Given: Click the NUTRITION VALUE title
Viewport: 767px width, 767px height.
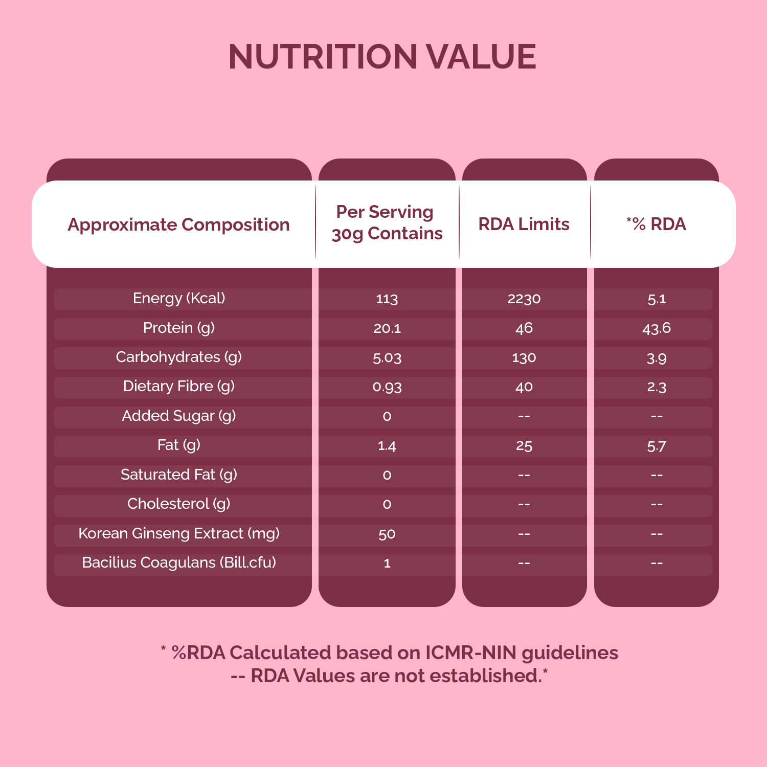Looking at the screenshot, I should [x=382, y=56].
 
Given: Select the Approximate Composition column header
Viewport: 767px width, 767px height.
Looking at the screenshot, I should [x=178, y=224].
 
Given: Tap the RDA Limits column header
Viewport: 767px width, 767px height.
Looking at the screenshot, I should [x=524, y=224].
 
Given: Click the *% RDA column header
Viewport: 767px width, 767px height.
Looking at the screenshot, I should [x=657, y=224].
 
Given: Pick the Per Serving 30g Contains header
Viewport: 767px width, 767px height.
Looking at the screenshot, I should [x=387, y=222].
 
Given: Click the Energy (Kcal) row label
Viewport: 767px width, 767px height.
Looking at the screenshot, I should [x=179, y=298].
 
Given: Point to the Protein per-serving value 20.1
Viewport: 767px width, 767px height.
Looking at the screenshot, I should [x=387, y=328].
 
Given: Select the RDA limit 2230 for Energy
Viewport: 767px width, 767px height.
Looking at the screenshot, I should [x=524, y=299].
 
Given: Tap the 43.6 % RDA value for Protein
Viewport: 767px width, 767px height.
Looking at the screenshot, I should [x=657, y=328].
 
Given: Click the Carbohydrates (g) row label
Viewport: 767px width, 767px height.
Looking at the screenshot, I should [x=179, y=357].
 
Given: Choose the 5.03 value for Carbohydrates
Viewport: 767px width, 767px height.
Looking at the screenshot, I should [x=387, y=357].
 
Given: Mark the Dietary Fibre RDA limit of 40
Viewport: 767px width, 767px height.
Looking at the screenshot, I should [x=524, y=387].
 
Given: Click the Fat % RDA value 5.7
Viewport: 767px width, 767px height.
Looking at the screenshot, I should [x=657, y=446].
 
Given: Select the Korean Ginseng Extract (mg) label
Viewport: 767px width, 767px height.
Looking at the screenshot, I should [x=179, y=533].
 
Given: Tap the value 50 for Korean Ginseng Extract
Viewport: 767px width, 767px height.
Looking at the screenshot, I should [x=387, y=534].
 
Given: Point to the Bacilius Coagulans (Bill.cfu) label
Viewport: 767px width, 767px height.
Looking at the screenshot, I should [x=179, y=562].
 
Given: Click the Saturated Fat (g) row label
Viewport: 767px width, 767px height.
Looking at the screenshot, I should [x=179, y=475].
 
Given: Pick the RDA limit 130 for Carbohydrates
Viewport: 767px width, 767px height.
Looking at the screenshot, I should [x=524, y=357].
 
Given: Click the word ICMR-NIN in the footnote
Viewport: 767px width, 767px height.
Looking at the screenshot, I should [x=471, y=653].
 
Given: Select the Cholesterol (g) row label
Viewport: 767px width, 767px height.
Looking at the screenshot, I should [x=179, y=504].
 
